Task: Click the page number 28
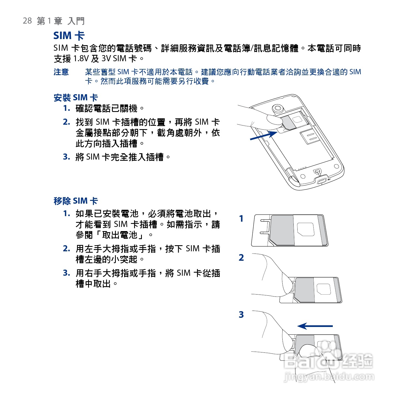(x=27, y=21)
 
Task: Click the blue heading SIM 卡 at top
(x=69, y=36)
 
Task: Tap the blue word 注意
(x=61, y=72)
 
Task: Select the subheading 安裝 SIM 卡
(x=76, y=98)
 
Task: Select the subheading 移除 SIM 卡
(x=76, y=201)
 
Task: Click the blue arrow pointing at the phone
(x=263, y=135)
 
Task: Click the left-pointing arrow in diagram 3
(x=315, y=326)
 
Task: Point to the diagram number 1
(x=241, y=219)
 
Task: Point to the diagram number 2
(x=241, y=258)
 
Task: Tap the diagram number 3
(x=241, y=315)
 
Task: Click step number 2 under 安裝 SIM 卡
(x=66, y=122)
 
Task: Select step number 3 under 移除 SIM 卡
(x=66, y=273)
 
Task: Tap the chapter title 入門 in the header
(x=76, y=21)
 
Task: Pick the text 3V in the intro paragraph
(x=106, y=59)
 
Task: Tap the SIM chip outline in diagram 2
(x=323, y=290)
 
